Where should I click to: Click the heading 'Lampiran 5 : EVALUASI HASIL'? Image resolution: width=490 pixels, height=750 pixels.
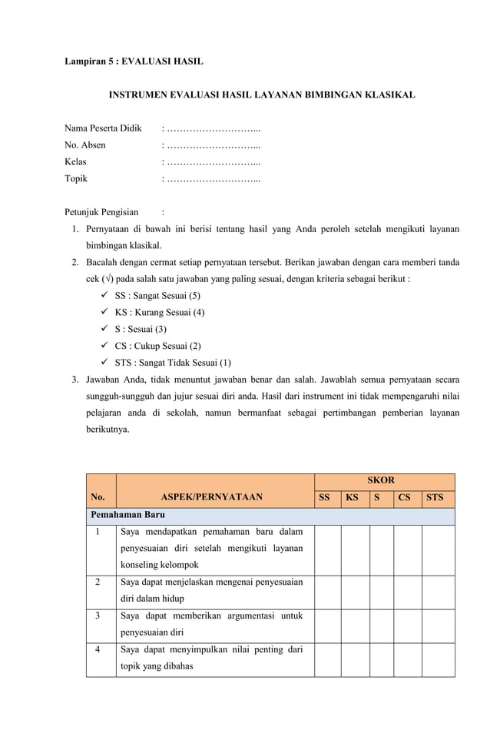pos(134,60)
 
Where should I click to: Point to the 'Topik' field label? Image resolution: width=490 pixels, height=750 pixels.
pos(76,178)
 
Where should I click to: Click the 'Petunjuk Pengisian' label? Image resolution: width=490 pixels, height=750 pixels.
pos(101,212)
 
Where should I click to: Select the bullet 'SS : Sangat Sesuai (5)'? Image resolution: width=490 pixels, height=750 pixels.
pos(157,296)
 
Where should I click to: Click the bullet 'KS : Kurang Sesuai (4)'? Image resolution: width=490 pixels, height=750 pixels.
pos(160,313)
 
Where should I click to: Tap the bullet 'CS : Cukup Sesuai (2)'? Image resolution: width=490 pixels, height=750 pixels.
pos(158,347)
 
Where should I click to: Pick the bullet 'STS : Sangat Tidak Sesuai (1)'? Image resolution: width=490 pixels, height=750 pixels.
pos(173,363)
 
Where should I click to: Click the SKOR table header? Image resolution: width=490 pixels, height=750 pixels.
pos(381,480)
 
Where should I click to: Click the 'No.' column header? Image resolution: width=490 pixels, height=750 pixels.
pos(98,497)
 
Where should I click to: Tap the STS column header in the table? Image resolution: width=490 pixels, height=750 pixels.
pos(435,497)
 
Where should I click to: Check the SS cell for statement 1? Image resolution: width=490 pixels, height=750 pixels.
pos(328,549)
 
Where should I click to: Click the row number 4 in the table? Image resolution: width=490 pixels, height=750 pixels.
pos(98,650)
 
